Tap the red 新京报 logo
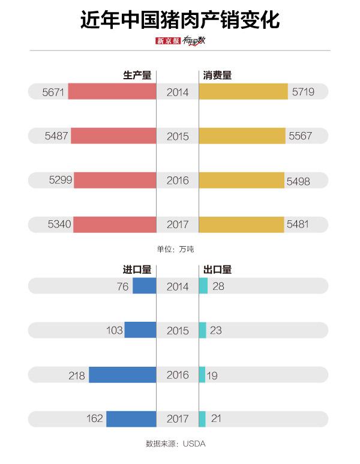pos(168,41)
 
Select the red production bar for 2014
pos(112,92)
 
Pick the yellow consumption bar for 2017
pos(241,224)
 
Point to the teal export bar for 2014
pos(203,286)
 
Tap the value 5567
pos(301,136)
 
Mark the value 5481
pos(299,224)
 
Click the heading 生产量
pos(137,76)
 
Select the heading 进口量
pos(137,270)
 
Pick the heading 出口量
pos(218,270)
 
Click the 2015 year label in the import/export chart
pos(178,331)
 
